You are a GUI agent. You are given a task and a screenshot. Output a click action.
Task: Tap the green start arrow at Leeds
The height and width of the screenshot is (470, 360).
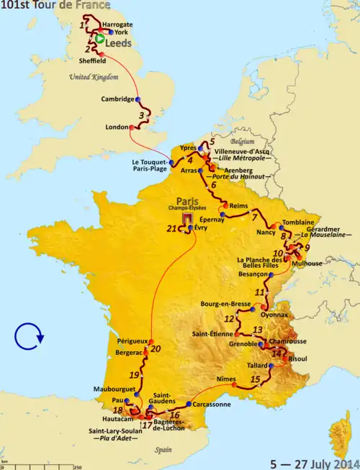tap(99, 42)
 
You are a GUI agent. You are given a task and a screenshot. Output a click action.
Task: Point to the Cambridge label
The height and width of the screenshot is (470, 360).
tap(116, 99)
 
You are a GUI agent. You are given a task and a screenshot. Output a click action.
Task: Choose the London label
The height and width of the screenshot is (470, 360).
tap(116, 127)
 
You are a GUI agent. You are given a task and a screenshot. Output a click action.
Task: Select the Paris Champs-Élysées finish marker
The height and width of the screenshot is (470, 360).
tap(187, 218)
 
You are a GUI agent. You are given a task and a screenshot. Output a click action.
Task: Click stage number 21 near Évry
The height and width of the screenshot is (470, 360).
tap(171, 229)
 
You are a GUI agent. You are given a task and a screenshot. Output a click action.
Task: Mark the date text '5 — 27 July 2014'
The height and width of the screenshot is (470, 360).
tap(310, 462)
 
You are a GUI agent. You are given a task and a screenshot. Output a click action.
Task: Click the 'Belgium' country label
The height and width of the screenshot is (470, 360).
tap(243, 142)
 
